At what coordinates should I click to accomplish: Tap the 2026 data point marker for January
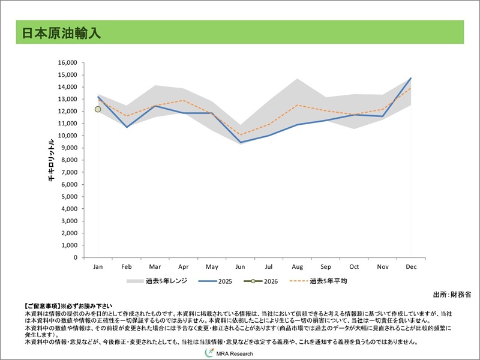click(x=98, y=109)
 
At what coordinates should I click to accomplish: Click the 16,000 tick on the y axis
click(x=67, y=62)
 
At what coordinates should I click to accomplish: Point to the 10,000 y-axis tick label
click(x=67, y=136)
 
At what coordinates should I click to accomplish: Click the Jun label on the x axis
click(x=241, y=266)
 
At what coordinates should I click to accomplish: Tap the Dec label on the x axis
click(x=412, y=266)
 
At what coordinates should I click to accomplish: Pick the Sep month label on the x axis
click(x=326, y=266)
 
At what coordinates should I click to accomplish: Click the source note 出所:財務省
click(x=451, y=294)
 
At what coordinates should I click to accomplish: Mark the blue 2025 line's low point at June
click(x=241, y=142)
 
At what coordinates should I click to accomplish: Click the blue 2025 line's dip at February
click(x=127, y=127)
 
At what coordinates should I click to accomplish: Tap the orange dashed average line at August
click(x=298, y=105)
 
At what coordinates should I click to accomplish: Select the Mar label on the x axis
click(x=155, y=266)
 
